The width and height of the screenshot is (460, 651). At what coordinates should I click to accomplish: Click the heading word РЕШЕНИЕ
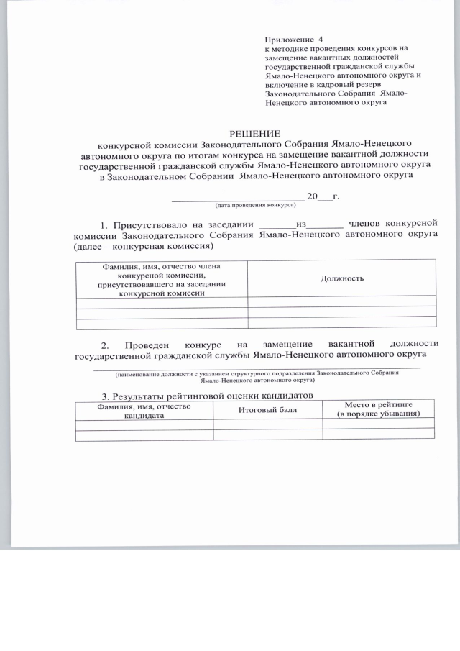(255, 132)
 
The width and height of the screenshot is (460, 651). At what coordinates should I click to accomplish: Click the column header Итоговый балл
(267, 409)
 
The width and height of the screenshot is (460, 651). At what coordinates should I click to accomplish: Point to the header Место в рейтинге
(378, 405)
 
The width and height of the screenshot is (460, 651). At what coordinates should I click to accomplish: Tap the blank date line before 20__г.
(237, 196)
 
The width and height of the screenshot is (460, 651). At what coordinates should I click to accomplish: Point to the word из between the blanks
(301, 224)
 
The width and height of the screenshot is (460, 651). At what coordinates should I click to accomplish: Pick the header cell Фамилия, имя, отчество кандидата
(144, 410)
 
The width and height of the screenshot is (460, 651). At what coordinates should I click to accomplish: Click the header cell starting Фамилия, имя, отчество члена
(161, 279)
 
